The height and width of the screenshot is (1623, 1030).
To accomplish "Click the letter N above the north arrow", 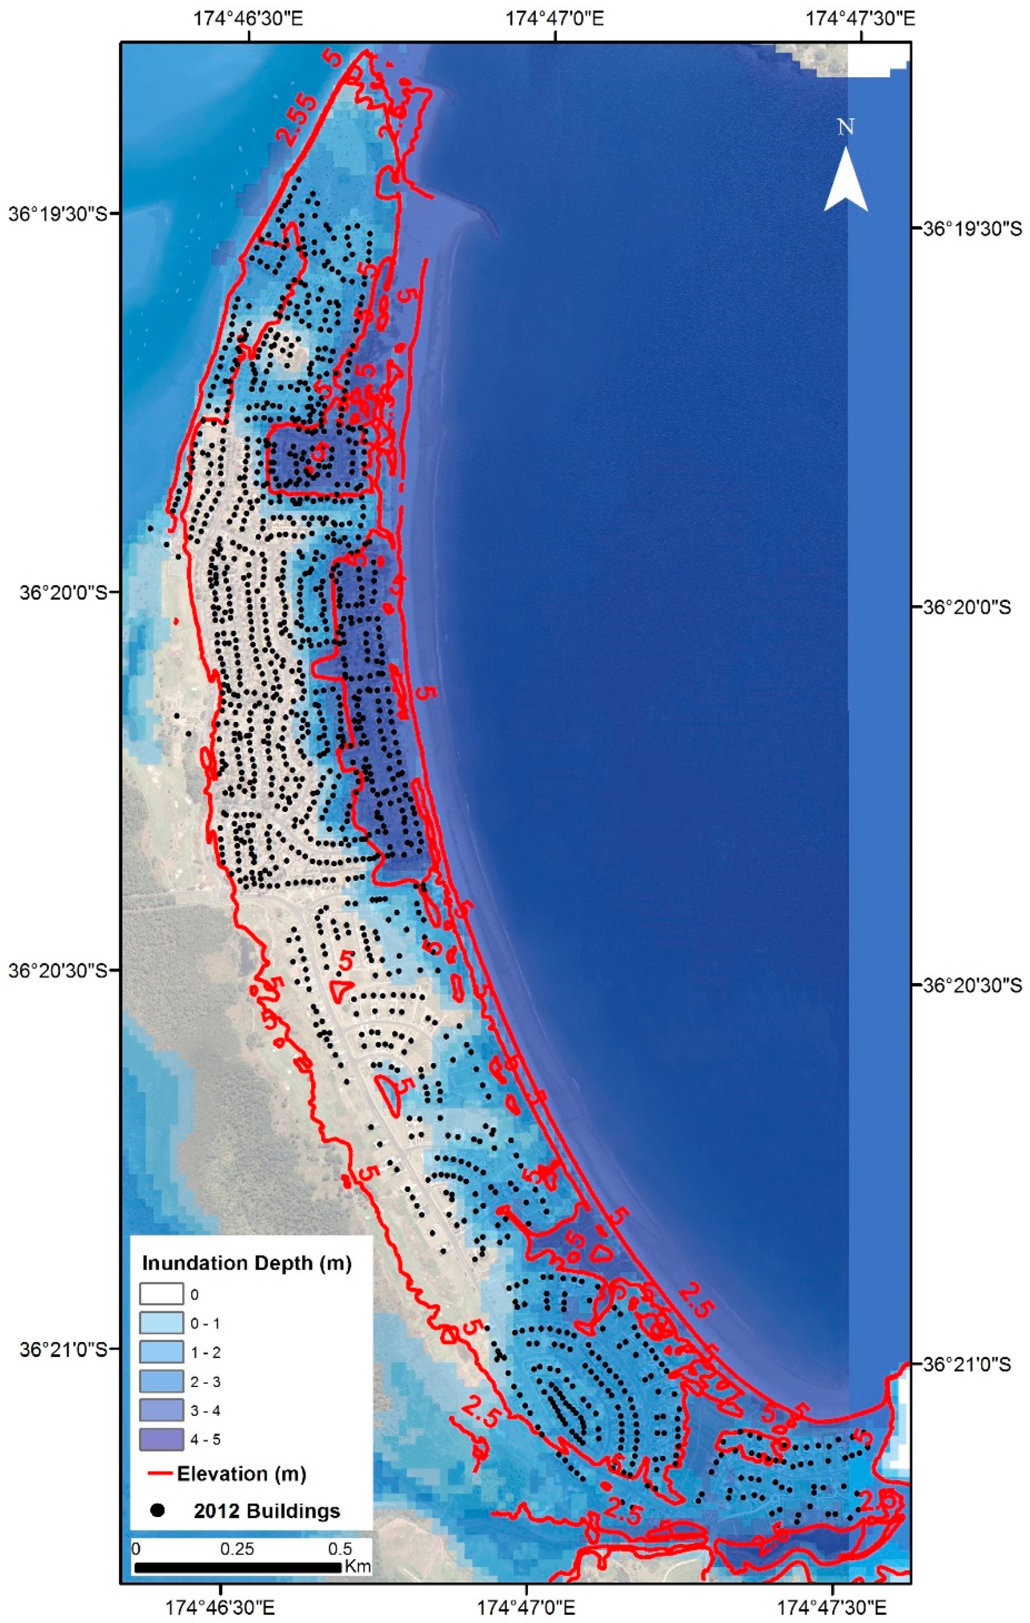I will pyautogui.click(x=845, y=127).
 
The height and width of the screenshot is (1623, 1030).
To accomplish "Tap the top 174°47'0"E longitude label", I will pyautogui.click(x=555, y=18).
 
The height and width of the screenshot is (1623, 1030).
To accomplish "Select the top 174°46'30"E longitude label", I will pyautogui.click(x=249, y=18).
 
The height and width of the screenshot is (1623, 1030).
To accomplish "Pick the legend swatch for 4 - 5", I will pyautogui.click(x=161, y=1439).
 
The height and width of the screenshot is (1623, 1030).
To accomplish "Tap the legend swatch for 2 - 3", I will pyautogui.click(x=161, y=1381).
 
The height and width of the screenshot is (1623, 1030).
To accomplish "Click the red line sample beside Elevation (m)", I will pyautogui.click(x=160, y=1474).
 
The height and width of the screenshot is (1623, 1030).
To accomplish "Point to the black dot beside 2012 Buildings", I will pyautogui.click(x=159, y=1511).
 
